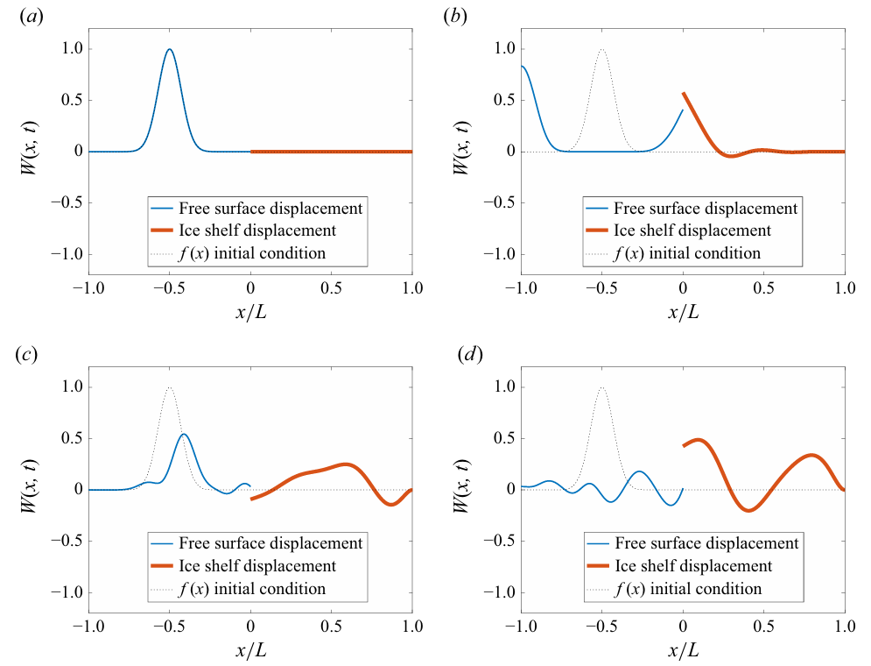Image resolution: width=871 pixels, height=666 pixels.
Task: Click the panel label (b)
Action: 455,17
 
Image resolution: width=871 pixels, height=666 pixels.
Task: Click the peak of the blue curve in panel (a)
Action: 170,49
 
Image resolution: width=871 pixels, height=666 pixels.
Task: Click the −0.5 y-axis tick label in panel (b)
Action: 495,202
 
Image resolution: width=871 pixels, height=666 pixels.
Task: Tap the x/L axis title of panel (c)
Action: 250,651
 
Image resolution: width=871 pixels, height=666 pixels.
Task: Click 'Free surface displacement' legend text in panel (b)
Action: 706,209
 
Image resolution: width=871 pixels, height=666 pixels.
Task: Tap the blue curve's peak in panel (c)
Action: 184,434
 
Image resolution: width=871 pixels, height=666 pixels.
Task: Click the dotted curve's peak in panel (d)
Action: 601,387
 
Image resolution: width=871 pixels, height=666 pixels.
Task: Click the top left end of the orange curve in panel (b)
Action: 684,93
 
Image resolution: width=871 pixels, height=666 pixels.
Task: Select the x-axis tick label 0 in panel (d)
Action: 683,627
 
